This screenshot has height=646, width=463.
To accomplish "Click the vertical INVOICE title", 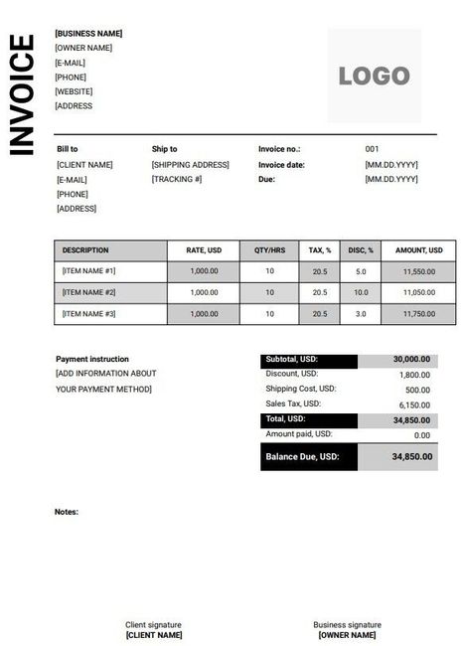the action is [x=22, y=94].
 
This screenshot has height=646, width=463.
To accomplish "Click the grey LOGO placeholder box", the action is [x=374, y=76].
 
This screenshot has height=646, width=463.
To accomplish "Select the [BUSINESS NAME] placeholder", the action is [x=88, y=33].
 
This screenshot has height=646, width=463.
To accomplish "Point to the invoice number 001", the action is [x=373, y=149].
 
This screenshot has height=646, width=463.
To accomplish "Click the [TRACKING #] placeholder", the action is [x=177, y=179].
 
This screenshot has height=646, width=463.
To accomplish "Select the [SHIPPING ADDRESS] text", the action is [x=190, y=164].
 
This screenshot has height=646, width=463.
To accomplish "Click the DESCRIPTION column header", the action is [x=85, y=249].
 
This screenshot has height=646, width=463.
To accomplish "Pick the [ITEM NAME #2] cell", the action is [x=89, y=292].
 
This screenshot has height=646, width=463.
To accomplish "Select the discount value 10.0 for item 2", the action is [x=360, y=292].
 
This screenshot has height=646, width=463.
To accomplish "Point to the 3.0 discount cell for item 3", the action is [x=360, y=314].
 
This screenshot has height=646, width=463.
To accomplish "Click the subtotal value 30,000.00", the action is [x=411, y=360].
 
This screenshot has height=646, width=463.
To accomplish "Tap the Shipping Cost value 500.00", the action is [x=418, y=390].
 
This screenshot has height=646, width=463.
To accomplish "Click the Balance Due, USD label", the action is [x=302, y=457].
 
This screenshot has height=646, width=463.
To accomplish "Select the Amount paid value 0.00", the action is [x=421, y=435].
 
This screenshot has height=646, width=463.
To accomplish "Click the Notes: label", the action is [x=67, y=513].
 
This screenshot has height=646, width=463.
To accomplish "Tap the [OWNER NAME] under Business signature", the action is [x=347, y=635].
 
